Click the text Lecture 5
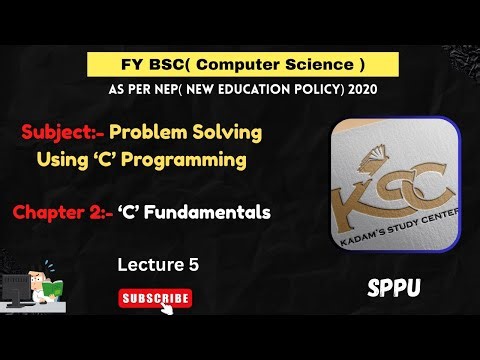point(157,265)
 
